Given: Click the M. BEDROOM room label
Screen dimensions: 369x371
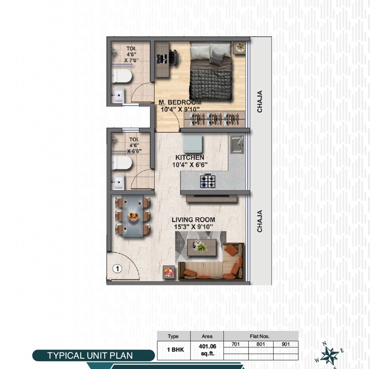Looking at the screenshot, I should coord(180,102).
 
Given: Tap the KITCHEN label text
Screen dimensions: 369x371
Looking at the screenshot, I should coord(190,158).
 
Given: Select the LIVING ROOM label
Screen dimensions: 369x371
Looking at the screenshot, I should coord(193,220).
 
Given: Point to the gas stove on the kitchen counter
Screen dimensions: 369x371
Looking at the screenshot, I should coord(208,181).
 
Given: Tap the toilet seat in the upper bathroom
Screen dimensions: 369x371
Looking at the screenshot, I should coord(122,76).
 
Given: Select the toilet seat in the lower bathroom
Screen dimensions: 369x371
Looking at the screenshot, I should coord(122,162).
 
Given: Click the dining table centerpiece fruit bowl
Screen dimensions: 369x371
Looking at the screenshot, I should coord(133,216).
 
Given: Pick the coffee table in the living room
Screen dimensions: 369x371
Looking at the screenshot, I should coord(201,247).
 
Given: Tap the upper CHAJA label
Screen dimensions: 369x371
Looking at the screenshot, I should coord(260,101).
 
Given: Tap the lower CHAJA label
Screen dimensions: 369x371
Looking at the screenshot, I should coord(260,221).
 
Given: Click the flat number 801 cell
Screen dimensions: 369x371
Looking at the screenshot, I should coord(261,344).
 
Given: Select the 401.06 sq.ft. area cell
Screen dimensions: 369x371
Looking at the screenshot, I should coord(207,351).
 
